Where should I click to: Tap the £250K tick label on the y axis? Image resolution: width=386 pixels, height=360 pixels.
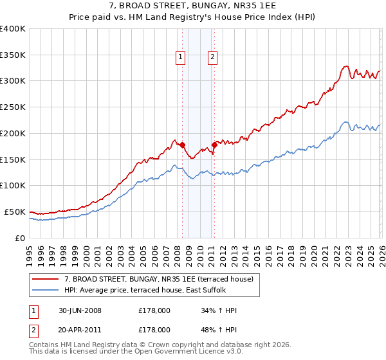pyautogui.click(x=13, y=107)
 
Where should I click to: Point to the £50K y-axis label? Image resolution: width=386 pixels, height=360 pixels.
pyautogui.click(x=15, y=212)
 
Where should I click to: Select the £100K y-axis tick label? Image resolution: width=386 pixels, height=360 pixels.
pyautogui.click(x=13, y=185)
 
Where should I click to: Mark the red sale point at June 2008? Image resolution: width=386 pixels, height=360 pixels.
pyautogui.click(x=183, y=145)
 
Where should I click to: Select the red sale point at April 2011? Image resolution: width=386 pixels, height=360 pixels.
pyautogui.click(x=214, y=145)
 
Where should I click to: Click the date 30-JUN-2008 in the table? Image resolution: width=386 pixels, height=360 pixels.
pyautogui.click(x=80, y=310)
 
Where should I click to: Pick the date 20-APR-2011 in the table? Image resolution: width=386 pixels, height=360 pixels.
pyautogui.click(x=80, y=329)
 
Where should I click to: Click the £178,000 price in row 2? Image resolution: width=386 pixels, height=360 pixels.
pyautogui.click(x=154, y=329)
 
